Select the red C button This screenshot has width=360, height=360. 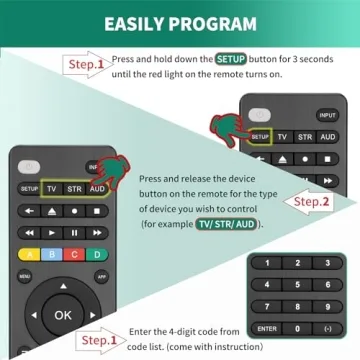74,253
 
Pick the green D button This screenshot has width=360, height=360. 97,253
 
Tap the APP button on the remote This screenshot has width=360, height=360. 101,276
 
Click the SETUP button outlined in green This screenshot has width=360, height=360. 260,136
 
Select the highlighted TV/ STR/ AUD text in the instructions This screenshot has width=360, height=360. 233,224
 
